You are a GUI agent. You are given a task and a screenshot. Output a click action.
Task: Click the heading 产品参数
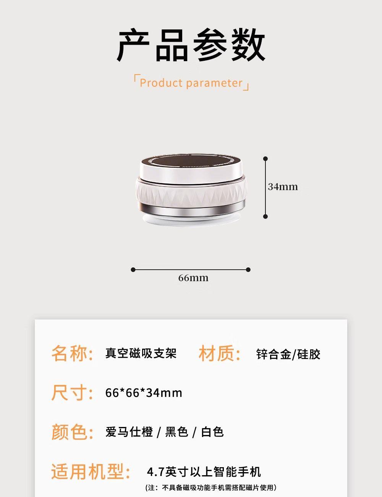pos(191,45)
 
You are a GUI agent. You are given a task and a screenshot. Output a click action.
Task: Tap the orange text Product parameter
pos(191,83)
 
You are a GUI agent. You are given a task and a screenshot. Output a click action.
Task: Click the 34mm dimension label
pos(283,187)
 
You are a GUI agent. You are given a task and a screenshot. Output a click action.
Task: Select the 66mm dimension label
pos(193,278)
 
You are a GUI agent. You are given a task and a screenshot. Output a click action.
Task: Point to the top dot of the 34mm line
pos(265,159)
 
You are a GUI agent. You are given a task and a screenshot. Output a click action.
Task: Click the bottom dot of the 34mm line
pos(265,216)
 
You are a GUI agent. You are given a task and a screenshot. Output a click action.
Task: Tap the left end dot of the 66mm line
pos(133,270)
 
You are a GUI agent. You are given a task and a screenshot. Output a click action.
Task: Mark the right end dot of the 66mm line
pos(248,270)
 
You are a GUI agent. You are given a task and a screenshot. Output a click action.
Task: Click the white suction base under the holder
pos(191,220)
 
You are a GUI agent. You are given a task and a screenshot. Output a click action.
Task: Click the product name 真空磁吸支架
pos(141,353)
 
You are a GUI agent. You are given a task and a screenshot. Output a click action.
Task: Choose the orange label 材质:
pos(220,353)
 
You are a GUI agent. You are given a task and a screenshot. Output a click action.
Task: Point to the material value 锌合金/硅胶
pos(288,354)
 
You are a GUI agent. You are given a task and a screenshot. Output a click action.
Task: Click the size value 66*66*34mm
pos(144,393)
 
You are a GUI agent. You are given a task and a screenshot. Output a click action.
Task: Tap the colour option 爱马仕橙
pos(129,432)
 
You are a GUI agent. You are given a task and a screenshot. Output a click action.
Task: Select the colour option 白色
pos(212,432)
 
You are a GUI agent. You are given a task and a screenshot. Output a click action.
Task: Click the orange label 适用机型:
pos(91,472)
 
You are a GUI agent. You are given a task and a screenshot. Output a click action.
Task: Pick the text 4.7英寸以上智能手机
pos(204,472)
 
